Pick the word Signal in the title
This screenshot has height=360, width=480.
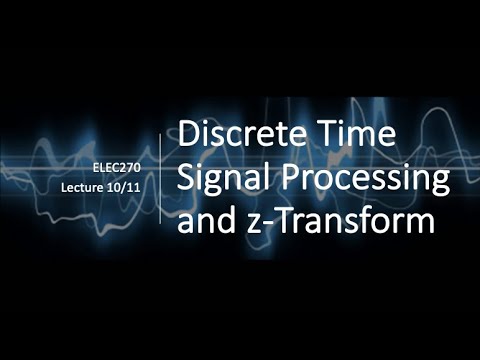point(220,178)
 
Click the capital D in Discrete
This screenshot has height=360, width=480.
point(188,133)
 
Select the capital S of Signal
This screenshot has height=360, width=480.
point(187,177)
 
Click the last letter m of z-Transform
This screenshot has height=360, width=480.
point(421,224)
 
